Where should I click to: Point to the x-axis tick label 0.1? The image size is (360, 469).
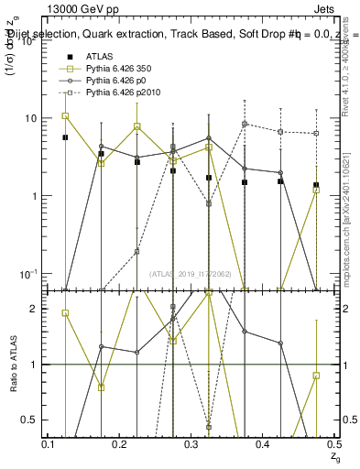tap(49, 444)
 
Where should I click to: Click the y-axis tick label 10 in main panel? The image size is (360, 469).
tap(31, 119)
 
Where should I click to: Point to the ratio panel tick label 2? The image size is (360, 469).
tap(34, 310)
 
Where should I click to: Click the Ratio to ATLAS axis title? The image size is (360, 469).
tap(13, 364)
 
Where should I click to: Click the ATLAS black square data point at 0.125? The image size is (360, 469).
tap(65, 137)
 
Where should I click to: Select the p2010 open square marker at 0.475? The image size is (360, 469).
tap(316, 133)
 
